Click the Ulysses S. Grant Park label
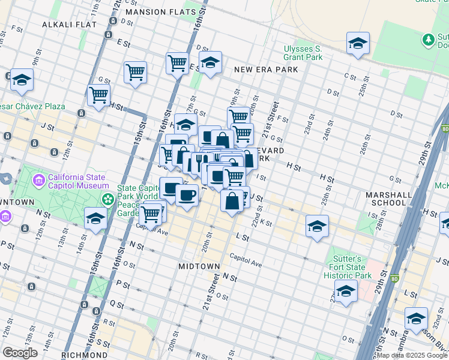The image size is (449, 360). (x=303, y=53)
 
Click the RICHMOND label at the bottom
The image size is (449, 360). (x=83, y=355)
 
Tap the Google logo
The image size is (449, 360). (x=20, y=353)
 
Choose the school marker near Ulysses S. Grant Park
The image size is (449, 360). (x=358, y=43)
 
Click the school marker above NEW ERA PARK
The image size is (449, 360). (x=210, y=62)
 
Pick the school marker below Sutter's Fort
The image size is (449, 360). (x=346, y=292)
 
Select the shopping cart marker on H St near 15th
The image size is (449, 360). (x=98, y=95)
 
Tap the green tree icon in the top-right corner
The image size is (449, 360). (x=428, y=40)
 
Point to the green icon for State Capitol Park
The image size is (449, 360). (x=108, y=199)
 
